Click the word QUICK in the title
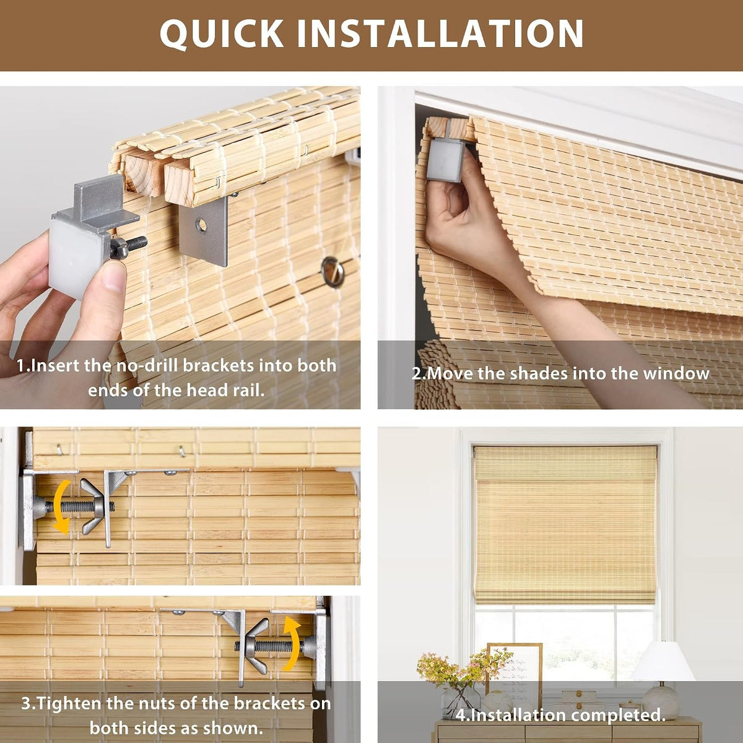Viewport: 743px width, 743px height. tap(222, 34)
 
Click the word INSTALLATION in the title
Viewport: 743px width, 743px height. tap(440, 33)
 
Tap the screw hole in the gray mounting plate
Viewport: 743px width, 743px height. tap(201, 225)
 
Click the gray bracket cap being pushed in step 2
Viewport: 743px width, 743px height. tap(445, 160)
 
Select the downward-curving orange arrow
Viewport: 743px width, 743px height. tap(60, 506)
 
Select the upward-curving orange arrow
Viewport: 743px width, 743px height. tap(292, 644)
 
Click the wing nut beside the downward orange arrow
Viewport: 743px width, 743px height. tap(92, 506)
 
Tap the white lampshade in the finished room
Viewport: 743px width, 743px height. tap(663, 661)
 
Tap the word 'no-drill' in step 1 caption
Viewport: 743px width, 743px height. tap(149, 365)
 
